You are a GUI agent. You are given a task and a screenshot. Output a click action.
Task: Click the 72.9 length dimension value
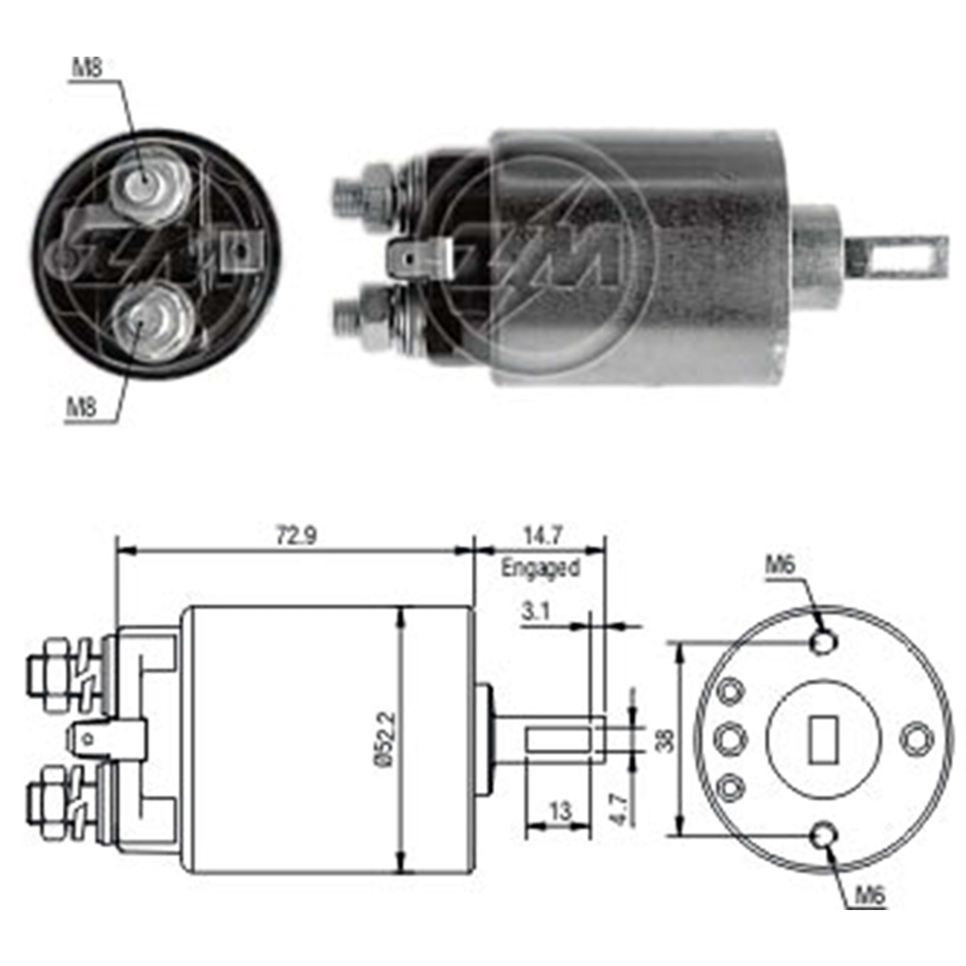coord(296,536)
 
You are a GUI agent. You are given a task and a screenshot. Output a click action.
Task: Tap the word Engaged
coord(540,569)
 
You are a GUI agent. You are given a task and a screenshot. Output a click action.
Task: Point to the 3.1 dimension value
coord(535,611)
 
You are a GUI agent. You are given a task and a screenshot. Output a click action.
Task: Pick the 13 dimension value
coord(560,811)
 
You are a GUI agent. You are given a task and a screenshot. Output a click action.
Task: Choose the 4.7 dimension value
coord(618,810)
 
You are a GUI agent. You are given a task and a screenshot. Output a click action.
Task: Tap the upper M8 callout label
coord(87,68)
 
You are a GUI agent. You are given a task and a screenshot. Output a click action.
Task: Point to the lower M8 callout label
coord(82,407)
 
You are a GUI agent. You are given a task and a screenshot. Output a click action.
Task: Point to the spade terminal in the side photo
coord(419,259)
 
